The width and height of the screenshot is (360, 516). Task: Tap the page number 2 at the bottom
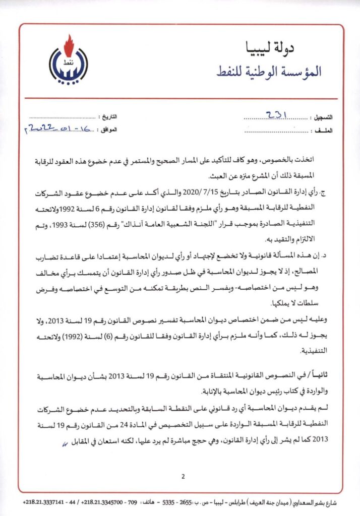[x=183, y=476]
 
